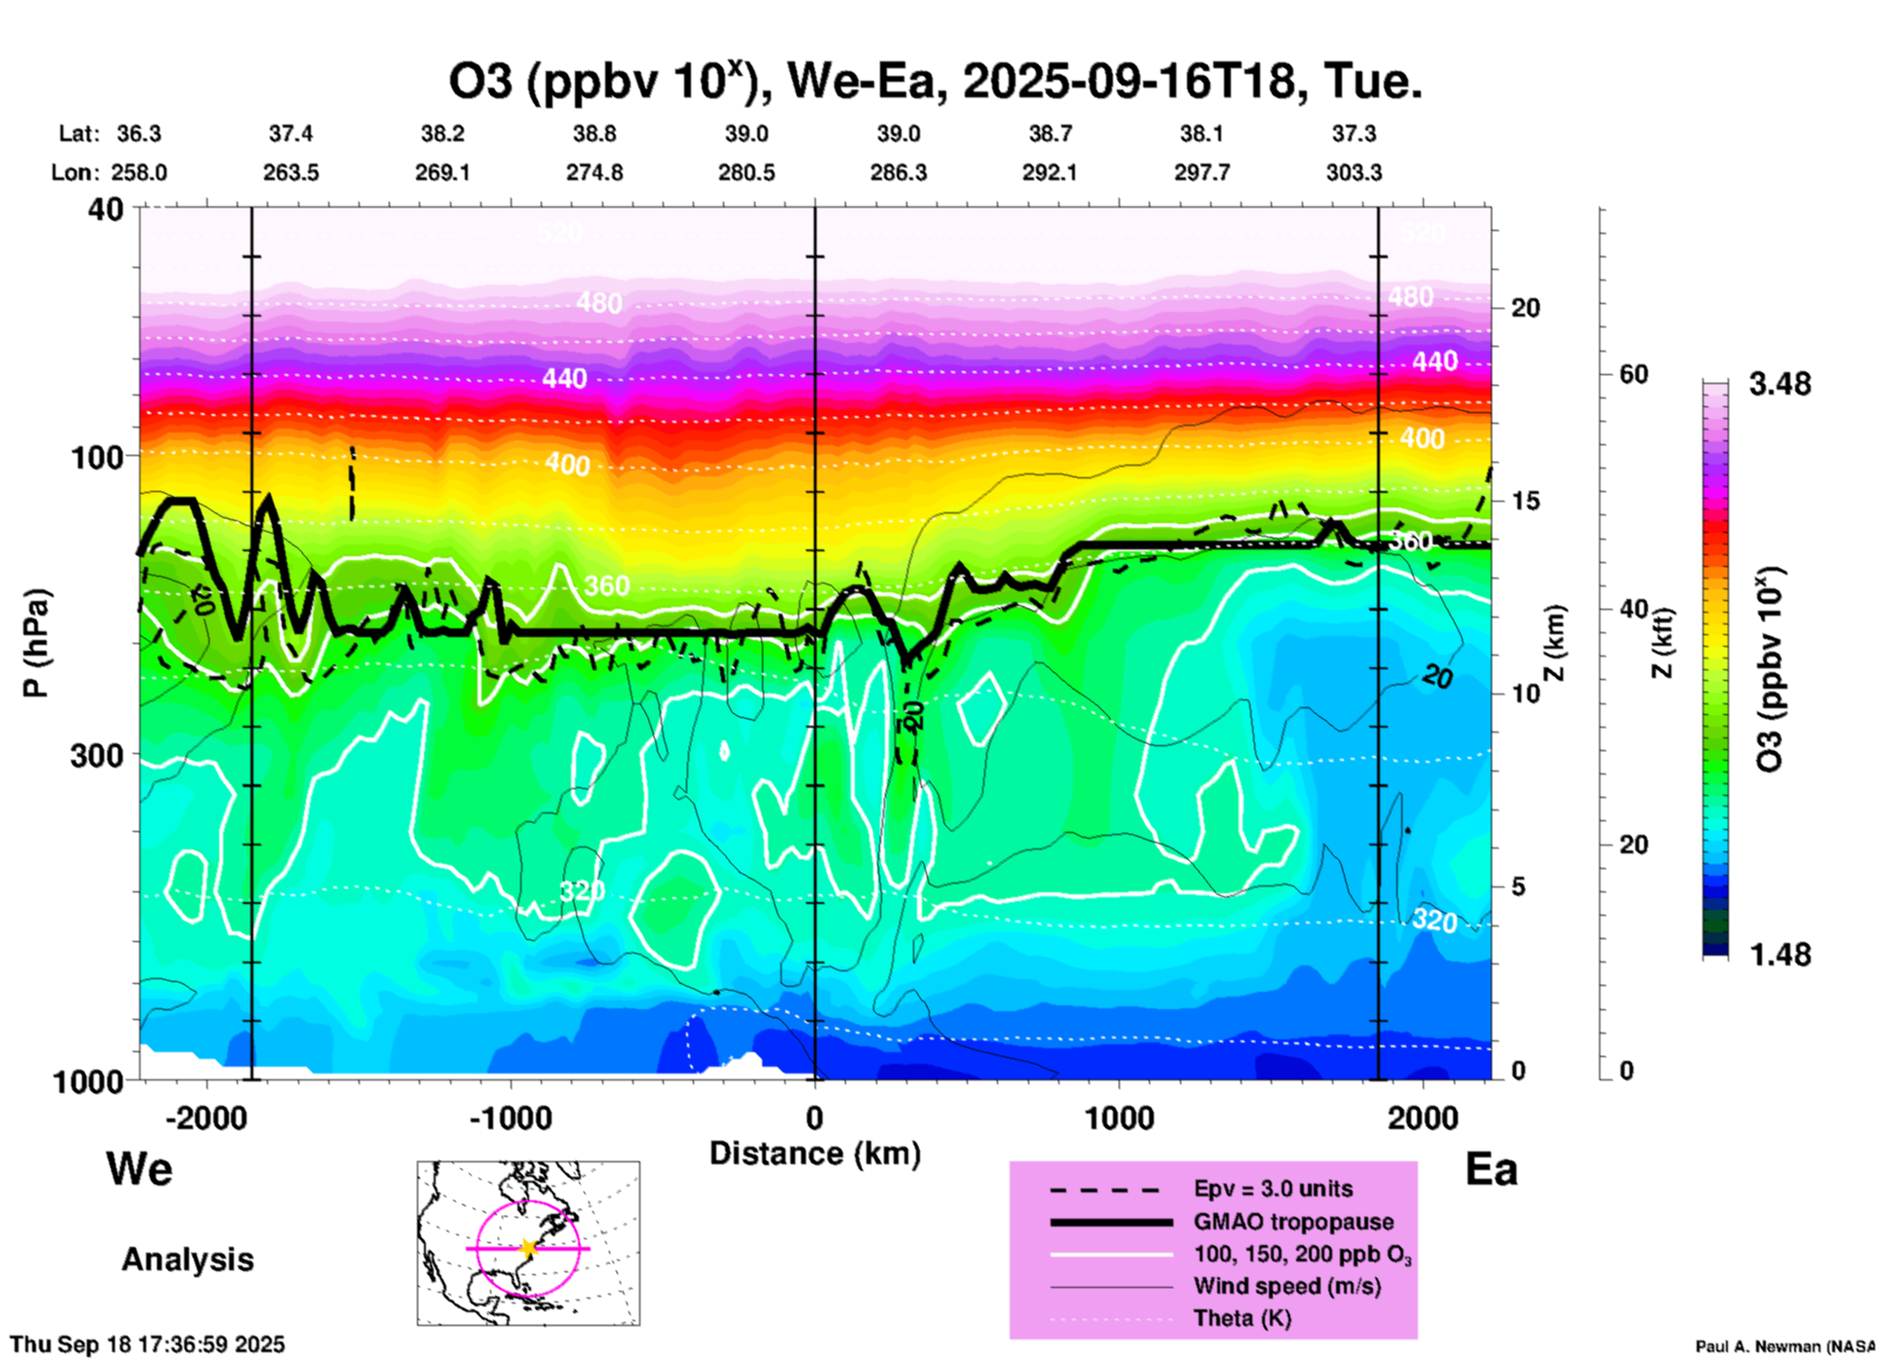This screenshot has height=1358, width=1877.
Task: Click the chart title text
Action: pos(935,82)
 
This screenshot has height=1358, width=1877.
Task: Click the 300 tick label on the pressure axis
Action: pos(96,755)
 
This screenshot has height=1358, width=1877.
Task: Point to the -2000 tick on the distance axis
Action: pos(207,1117)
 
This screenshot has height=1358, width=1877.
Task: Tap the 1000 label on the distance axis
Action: pos(1119,1117)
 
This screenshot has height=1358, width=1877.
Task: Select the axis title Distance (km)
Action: pos(815,1153)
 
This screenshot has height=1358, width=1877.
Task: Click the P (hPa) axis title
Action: pos(36,643)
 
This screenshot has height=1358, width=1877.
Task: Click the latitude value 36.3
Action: pos(138,133)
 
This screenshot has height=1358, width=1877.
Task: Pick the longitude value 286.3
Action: pos(898,172)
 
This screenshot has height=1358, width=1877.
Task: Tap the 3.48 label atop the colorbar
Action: pos(1780,384)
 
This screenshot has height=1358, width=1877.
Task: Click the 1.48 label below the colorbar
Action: pos(1780,954)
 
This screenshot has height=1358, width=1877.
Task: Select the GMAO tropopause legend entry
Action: pos(1293,1222)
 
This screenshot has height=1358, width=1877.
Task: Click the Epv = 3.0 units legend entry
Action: pos(1273,1188)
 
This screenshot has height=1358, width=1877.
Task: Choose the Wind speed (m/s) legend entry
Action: pos(1286,1286)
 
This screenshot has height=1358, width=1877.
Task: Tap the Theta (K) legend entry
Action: pos(1242,1318)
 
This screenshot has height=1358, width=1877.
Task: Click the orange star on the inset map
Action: pos(528,1248)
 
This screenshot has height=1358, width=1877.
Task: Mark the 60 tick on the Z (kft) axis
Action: pos(1633,374)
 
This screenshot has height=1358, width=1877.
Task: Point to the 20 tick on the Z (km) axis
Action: pos(1525,308)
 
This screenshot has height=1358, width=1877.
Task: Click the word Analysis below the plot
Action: pos(187,1259)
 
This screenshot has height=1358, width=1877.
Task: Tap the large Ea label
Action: pos(1491,1169)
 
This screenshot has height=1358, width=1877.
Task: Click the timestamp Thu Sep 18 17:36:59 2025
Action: pos(147,1344)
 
